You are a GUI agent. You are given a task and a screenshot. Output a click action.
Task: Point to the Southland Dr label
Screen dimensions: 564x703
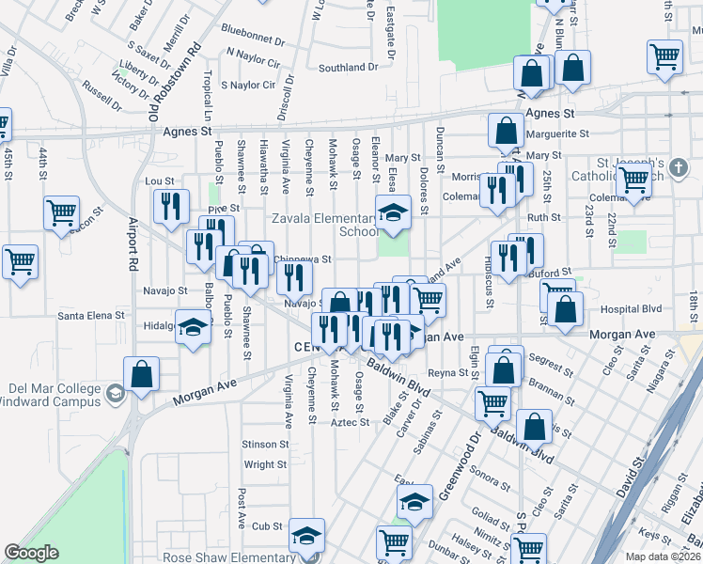coord(348,68)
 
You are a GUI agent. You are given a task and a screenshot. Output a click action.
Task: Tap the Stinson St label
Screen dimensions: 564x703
coord(264,444)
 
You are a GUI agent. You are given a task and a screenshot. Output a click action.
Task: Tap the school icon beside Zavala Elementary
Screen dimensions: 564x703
coord(394,211)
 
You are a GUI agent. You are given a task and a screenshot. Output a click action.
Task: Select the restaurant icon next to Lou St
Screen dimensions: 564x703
coord(170,207)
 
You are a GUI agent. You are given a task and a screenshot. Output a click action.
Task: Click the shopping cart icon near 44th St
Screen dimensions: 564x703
coord(61,213)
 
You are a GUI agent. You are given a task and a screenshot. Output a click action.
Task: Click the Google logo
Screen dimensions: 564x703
coord(31,553)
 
